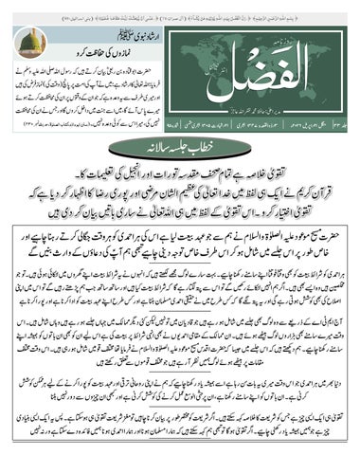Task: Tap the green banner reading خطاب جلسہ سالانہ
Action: [180, 145]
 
